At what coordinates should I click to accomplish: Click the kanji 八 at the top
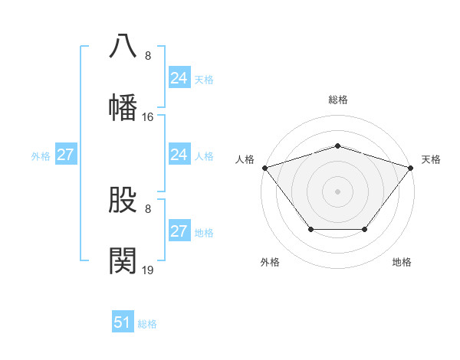123,46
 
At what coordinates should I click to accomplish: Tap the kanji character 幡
123,107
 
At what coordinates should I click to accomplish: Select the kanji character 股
123,199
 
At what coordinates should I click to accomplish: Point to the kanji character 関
123,260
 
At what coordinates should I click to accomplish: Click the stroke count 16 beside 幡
148,117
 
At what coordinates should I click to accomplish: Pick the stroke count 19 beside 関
148,270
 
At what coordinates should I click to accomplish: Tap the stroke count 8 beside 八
148,56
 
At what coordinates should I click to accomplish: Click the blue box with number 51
123,322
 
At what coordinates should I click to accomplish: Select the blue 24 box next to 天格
179,78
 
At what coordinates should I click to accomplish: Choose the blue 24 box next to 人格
179,155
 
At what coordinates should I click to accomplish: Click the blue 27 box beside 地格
179,231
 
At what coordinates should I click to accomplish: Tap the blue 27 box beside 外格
65,155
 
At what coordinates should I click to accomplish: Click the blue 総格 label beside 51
147,324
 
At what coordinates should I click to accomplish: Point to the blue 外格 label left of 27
41,156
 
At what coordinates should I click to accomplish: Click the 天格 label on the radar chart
431,159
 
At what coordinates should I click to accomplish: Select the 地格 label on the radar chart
402,262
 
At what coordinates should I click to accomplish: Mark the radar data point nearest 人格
264,168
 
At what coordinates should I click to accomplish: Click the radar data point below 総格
337,146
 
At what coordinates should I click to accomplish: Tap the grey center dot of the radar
337,191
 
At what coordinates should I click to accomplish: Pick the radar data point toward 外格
310,229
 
